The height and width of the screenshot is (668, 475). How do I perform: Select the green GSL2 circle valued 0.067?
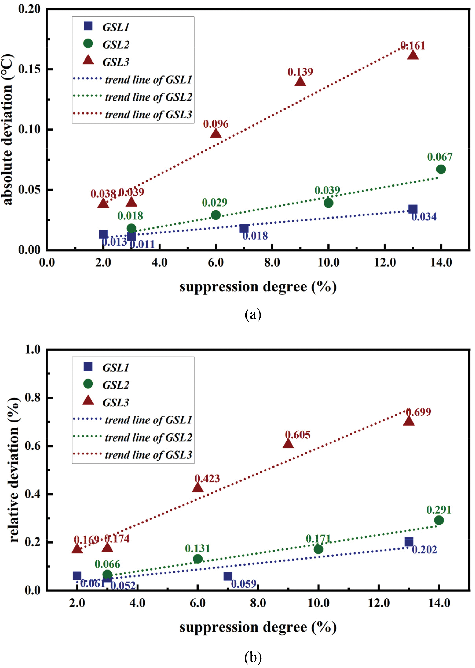441,169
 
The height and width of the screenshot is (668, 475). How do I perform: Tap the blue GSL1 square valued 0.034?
413,209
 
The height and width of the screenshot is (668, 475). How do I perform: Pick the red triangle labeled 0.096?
216,134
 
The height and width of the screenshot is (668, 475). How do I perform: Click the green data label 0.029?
215,203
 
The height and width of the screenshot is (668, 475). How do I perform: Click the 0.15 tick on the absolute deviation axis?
29,69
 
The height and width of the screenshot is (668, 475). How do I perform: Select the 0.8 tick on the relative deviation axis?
32,397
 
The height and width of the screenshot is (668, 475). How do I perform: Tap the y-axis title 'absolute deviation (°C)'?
8,129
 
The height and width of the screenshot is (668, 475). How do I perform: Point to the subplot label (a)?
253,314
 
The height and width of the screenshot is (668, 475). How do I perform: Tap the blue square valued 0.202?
409,542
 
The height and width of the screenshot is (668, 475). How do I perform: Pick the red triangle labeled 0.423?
198,487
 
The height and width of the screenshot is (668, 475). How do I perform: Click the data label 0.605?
298,435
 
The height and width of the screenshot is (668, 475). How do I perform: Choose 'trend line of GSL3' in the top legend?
148,115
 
